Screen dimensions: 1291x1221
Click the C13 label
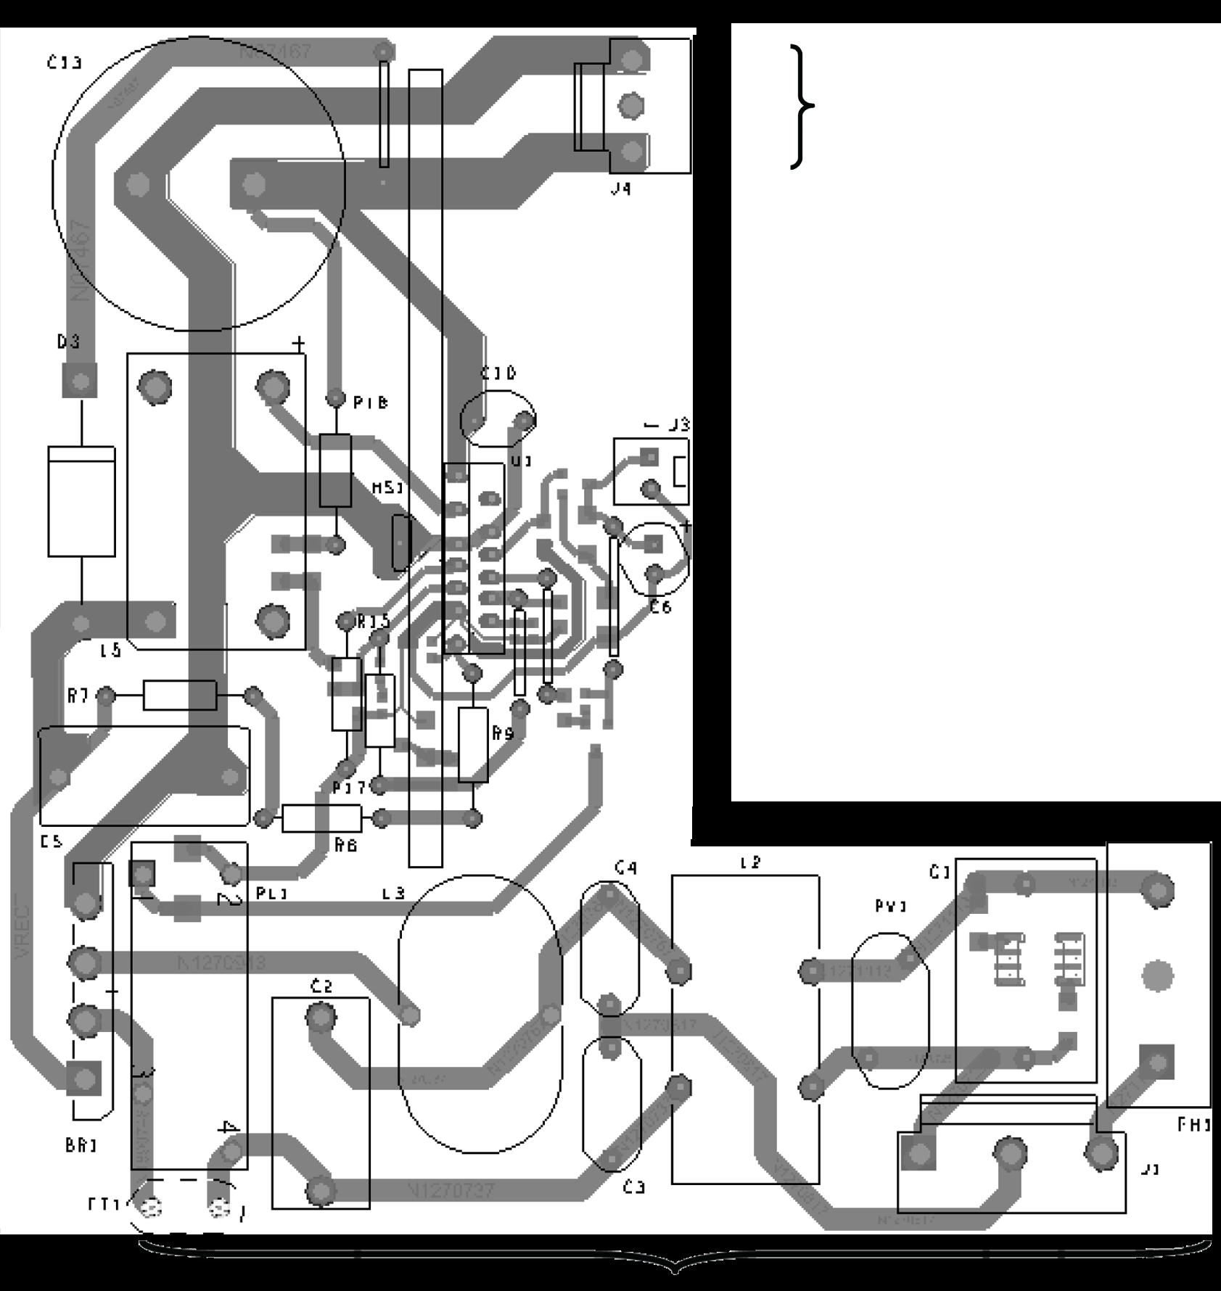[x=64, y=63]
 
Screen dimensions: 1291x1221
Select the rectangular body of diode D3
[x=81, y=501]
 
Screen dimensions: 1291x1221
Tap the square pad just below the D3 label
[x=80, y=380]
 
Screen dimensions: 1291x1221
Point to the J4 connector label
[x=620, y=189]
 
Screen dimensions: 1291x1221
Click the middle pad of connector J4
[x=631, y=106]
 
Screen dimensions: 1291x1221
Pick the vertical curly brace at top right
[x=802, y=107]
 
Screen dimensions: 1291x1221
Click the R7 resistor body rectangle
[x=179, y=696]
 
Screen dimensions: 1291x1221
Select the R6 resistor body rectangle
[x=321, y=819]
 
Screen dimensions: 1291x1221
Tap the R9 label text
[x=503, y=733]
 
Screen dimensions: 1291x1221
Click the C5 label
[x=51, y=842]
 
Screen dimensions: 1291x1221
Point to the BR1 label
[x=81, y=1146]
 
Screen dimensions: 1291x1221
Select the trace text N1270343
[x=221, y=963]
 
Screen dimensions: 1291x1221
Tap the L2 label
[x=750, y=862]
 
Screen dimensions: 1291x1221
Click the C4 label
[x=625, y=867]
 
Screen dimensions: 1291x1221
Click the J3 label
[x=678, y=425]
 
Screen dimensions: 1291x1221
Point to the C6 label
[x=660, y=606]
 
